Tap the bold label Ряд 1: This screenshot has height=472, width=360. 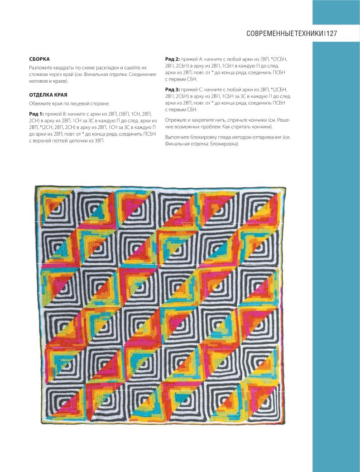coord(36,114)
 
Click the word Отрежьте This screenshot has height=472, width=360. coord(177,120)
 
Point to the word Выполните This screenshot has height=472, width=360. coord(179,137)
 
